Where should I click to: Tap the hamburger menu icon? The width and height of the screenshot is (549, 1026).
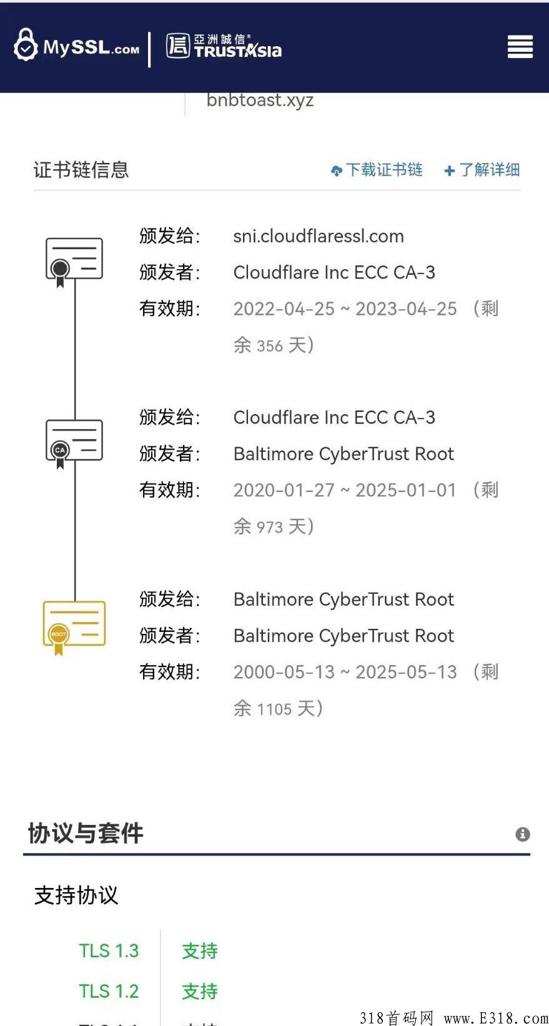pos(520,47)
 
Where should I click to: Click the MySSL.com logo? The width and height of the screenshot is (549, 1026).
pos(77,46)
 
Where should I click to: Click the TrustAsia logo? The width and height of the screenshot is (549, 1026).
pos(224,46)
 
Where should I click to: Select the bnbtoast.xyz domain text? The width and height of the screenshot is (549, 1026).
pos(260,100)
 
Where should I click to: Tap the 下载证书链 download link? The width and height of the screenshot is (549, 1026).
pos(377,170)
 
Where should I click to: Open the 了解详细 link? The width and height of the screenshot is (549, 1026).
pos(482,170)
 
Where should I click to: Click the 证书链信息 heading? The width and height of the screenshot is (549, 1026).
pos(81,170)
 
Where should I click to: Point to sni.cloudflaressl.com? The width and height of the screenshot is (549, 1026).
pos(319,236)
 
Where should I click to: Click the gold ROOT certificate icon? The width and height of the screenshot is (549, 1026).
pos(74,625)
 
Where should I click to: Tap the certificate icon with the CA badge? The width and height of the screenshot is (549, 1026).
pos(74,441)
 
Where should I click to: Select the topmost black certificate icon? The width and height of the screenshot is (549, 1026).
pos(74,260)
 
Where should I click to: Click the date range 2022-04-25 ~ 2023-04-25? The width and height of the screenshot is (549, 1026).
pos(345,308)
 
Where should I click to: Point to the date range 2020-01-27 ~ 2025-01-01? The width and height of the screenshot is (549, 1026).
pos(345,490)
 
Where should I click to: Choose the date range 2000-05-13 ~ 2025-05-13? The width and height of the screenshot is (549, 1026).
pos(345,672)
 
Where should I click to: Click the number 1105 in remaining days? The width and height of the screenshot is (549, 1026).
pos(274,709)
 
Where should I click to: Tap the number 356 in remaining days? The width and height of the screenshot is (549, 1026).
pos(270,346)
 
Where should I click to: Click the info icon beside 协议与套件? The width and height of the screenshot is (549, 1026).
pos(523,834)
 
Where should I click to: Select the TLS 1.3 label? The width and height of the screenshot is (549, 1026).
pos(109,950)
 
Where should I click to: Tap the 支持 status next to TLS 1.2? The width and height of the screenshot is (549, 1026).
pos(200,991)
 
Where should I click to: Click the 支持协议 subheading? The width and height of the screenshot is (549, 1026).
pos(76,895)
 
